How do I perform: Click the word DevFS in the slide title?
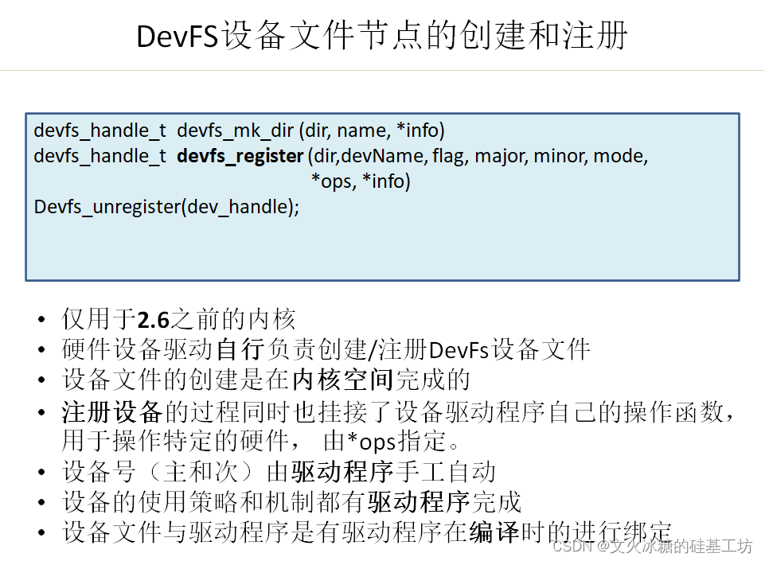[177, 36]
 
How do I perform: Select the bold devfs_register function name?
[240, 156]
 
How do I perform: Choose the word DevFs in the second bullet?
[459, 349]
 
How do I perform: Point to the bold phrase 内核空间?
[342, 380]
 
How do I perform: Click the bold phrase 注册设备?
[112, 411]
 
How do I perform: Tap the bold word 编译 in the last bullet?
[494, 532]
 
